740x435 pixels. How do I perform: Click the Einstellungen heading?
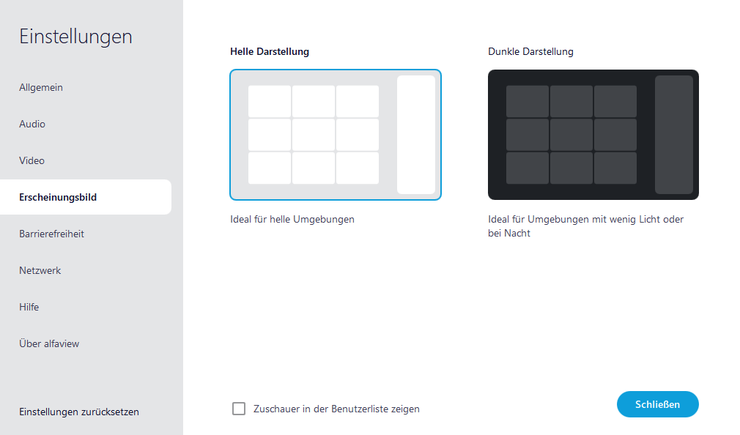pos(75,37)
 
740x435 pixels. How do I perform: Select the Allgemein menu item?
pos(41,87)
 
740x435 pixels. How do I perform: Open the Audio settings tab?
pos(32,124)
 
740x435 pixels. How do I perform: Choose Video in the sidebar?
pos(32,160)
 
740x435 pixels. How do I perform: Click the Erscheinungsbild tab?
pos(58,197)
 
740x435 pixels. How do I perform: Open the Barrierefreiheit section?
pos(51,234)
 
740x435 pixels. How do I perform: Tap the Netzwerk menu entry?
pos(40,270)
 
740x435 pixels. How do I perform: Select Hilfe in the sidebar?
pos(29,307)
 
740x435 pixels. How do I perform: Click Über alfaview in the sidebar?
pos(49,343)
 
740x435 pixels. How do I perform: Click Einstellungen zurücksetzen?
pos(79,412)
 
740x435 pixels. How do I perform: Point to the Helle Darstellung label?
pos(270,52)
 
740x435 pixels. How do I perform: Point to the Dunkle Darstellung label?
pos(530,52)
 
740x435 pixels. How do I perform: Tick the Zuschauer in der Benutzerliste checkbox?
pos(239,409)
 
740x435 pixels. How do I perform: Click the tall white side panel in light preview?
pos(416,135)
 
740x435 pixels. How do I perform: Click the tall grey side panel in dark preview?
pos(674,135)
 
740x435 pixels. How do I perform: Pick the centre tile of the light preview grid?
pos(314,135)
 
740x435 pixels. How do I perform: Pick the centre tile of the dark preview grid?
pos(571,135)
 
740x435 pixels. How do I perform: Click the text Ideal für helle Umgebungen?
pos(292,219)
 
